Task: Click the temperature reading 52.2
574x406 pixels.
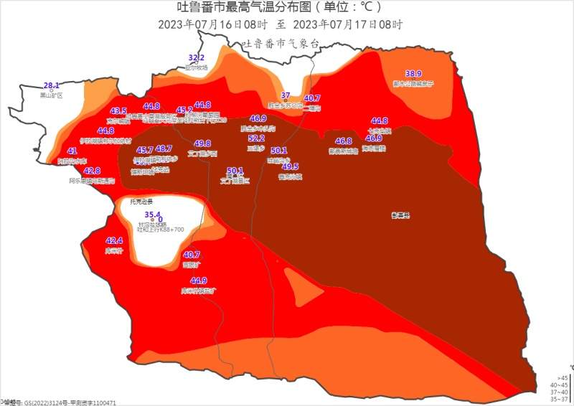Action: coord(256,138)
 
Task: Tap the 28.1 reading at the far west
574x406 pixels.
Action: coord(52,85)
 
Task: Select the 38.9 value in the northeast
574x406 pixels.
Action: coord(413,74)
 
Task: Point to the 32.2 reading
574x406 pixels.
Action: coord(197,57)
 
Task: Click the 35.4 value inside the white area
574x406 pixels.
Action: coord(152,214)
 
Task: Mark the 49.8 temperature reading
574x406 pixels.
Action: coord(202,143)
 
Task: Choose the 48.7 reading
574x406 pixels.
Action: coord(164,148)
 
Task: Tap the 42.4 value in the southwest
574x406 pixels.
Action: coord(114,241)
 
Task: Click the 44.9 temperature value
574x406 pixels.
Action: coord(199,280)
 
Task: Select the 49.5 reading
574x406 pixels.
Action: coord(291,166)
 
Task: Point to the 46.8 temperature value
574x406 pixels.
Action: coord(344,141)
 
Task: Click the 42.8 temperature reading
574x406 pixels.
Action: coord(92,171)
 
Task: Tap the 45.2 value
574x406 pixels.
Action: coord(184,110)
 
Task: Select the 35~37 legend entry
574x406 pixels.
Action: coord(562,399)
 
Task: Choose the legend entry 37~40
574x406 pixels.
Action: coord(562,392)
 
